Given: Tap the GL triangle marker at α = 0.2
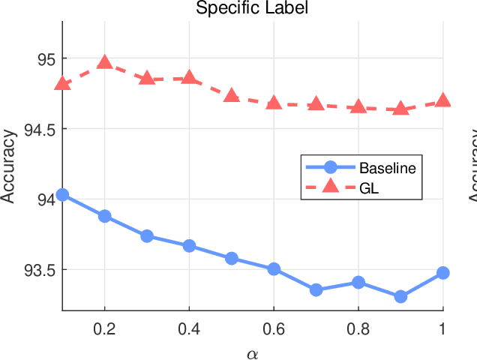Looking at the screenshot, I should [x=105, y=62].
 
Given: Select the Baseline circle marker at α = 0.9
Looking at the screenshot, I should [x=400, y=296].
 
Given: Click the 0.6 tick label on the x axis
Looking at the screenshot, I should [x=273, y=328].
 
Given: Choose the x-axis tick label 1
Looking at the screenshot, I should [x=442, y=328].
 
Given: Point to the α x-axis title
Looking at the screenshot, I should [x=252, y=350].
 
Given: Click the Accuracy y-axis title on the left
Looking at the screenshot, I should [x=8, y=166].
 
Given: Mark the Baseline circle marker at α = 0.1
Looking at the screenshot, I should [x=63, y=195].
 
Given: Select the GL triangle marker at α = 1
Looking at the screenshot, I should [x=442, y=100].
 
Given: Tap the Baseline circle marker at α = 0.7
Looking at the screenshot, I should [x=316, y=289].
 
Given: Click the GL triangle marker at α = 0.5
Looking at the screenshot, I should [x=232, y=96].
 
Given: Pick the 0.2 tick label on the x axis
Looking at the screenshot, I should [x=105, y=328].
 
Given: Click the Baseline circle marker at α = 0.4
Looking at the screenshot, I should [x=189, y=246].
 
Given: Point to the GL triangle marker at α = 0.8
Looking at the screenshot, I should [x=358, y=107].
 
